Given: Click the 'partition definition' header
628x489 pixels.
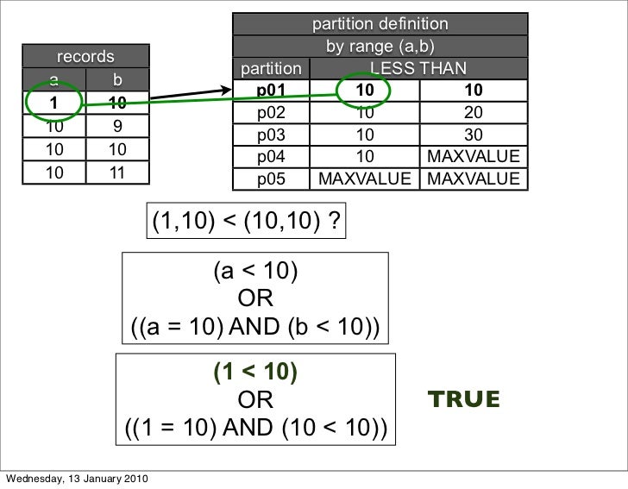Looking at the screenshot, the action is (380, 22).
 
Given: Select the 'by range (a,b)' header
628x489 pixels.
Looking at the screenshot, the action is (380, 45).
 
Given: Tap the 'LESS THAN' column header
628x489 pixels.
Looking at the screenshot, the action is (418, 68).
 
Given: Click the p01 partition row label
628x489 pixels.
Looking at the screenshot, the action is (270, 91).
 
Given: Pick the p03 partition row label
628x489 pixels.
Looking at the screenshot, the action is (270, 135).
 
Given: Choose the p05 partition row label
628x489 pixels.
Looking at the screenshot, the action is (270, 179).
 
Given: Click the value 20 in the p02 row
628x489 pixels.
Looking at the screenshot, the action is (473, 112).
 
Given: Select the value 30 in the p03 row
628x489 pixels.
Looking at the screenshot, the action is (473, 135).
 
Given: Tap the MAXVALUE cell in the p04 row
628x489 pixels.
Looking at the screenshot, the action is (473, 157).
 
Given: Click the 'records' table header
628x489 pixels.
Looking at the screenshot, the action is (85, 57).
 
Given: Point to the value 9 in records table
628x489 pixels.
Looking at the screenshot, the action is (117, 127).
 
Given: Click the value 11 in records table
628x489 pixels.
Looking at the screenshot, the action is (117, 172).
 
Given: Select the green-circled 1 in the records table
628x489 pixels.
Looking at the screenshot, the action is (53, 104).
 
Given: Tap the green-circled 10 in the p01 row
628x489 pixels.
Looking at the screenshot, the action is (364, 91).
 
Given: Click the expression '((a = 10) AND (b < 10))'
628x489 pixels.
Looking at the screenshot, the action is (255, 328).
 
